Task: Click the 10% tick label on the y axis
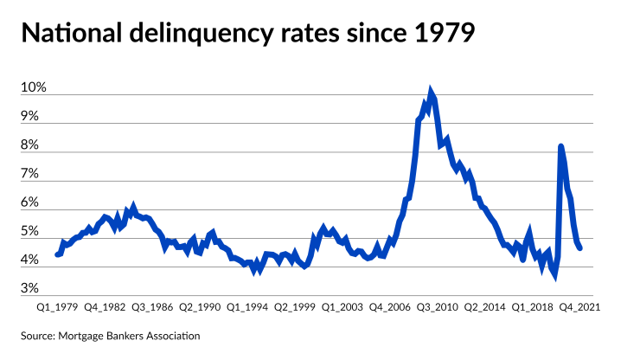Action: [x=34, y=88]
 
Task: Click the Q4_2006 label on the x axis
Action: [x=388, y=306]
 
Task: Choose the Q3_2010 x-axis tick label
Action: [x=436, y=306]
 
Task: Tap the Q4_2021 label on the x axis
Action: [x=578, y=306]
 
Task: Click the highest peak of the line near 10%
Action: [x=431, y=91]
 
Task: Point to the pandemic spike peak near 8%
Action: [x=560, y=146]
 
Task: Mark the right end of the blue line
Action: [x=579, y=248]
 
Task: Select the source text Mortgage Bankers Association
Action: [x=135, y=335]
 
